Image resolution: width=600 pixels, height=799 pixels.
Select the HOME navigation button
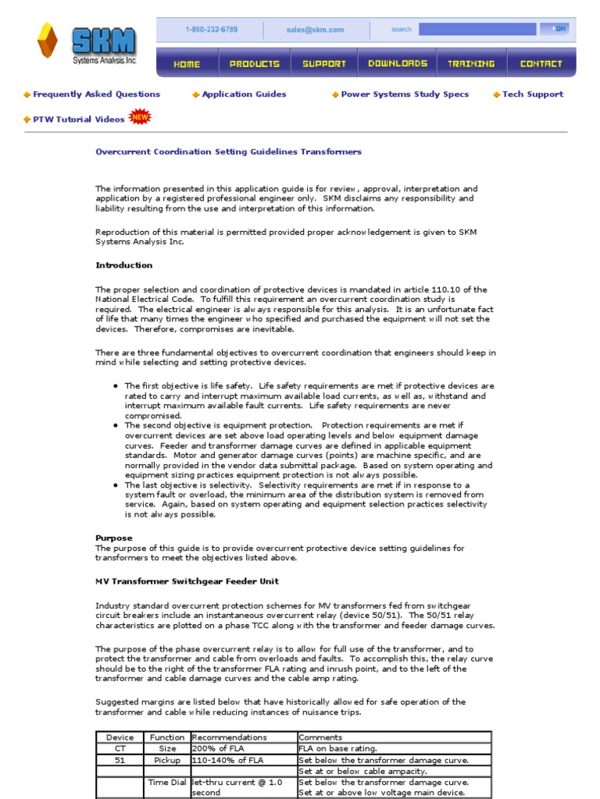coord(187,64)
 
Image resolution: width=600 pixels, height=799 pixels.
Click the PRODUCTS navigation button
coord(255,64)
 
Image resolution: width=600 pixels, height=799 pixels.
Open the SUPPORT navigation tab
coord(324,64)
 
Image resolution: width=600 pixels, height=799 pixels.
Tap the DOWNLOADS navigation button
coord(398,64)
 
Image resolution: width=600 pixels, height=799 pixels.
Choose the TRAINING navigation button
coord(471,64)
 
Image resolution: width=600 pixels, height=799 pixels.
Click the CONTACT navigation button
coord(541,64)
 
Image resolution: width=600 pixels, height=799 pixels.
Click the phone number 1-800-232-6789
coord(211,30)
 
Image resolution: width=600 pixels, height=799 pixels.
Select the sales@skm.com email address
coord(315,30)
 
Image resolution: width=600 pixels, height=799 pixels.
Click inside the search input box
coord(477,30)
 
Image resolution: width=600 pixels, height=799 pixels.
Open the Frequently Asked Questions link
coord(96,94)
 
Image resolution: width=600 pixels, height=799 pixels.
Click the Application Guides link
coord(244,94)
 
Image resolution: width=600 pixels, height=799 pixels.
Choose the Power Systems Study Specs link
coord(405,94)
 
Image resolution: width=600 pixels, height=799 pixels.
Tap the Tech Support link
coord(532,94)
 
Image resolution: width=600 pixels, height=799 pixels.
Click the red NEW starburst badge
coord(140,117)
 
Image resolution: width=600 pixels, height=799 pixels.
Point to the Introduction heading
coord(123,265)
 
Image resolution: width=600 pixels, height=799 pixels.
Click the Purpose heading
coord(114,538)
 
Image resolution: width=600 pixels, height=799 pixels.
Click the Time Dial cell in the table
coord(167,782)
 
